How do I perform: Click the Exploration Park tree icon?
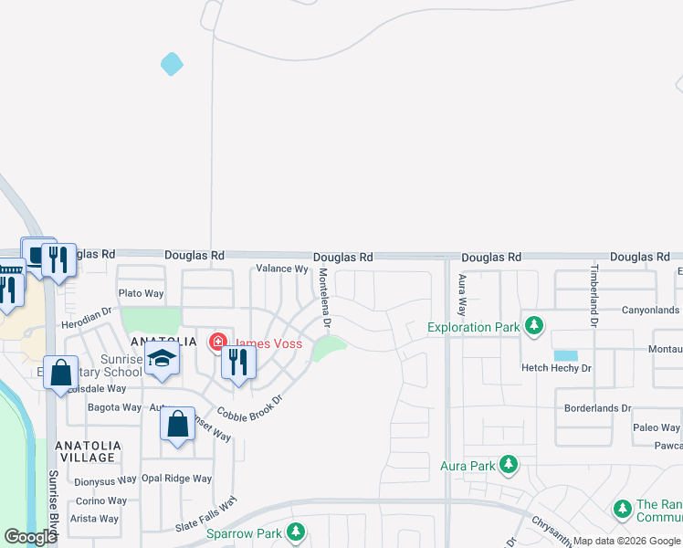pos(534,325)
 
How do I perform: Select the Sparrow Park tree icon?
pos(295,532)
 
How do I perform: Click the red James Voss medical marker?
pos(217,343)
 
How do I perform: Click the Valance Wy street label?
pos(282,269)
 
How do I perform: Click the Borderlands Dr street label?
pos(598,408)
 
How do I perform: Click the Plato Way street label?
pos(142,293)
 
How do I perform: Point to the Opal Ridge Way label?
pos(176,479)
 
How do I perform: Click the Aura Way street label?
pos(462,293)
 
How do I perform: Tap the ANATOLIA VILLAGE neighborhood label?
pos(86,451)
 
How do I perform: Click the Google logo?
pos(30,537)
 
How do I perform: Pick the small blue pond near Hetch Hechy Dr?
pos(565,355)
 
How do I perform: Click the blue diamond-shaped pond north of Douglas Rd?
pos(172,64)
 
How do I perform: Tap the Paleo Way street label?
pos(657,427)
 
